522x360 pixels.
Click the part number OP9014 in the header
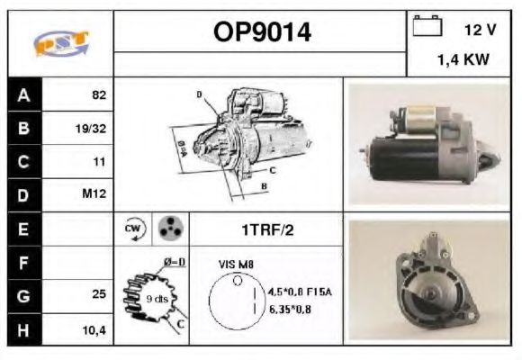point(262,32)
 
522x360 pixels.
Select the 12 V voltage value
point(481,30)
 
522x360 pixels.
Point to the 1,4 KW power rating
point(463,61)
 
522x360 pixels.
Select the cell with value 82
point(97,94)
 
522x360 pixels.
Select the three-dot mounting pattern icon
point(168,229)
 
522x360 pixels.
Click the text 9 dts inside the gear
point(158,298)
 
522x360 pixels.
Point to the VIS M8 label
point(237,264)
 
